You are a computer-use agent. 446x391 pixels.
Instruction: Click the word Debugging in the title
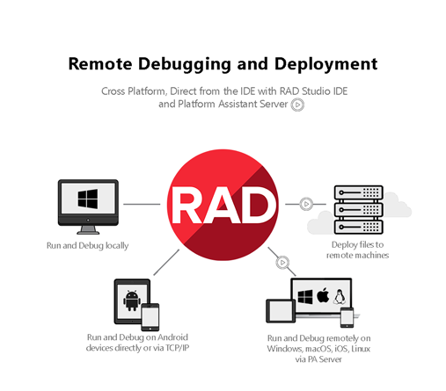point(185,64)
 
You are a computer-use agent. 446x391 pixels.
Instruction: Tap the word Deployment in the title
point(325,64)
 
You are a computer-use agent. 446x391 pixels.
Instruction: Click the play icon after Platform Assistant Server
point(297,105)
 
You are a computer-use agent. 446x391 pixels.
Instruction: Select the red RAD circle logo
point(223,205)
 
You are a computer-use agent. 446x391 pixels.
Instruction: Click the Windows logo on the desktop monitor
point(88,199)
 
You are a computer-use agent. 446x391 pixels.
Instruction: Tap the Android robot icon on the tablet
point(132,300)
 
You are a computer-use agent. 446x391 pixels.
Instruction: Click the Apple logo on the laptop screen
point(323,295)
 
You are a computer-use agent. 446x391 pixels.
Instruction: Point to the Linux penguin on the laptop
point(339,296)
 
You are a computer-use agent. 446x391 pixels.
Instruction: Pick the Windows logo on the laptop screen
point(305,297)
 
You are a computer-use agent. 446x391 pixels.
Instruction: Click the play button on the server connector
point(306,204)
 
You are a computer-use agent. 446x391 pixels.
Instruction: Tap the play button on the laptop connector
point(282,263)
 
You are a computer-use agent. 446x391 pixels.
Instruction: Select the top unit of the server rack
point(359,192)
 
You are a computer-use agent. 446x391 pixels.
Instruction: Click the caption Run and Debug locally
point(88,245)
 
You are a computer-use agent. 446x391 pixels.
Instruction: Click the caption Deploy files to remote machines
point(358,250)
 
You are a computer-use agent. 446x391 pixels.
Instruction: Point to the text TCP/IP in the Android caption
point(178,348)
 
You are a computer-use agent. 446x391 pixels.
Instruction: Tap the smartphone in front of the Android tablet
point(150,317)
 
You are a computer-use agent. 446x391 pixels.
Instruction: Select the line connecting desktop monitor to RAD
point(142,204)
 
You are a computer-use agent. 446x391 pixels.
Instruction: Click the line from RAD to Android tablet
point(166,262)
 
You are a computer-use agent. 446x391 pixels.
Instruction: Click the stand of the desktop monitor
point(88,229)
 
